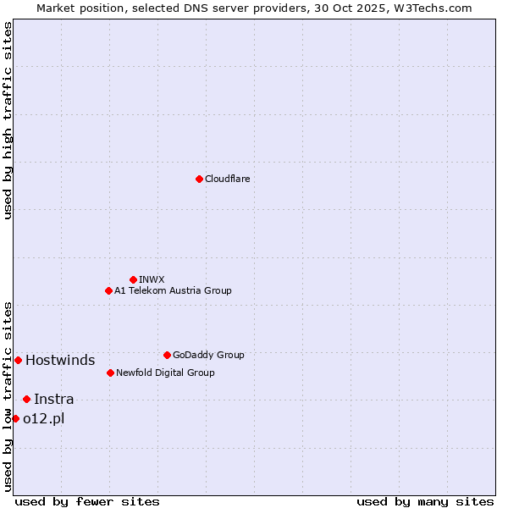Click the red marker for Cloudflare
(x=199, y=179)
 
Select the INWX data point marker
(x=133, y=279)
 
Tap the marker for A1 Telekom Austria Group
(x=108, y=290)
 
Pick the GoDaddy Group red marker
(x=167, y=355)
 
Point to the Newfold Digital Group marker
(x=110, y=373)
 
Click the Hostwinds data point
(x=18, y=360)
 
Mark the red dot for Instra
(x=26, y=399)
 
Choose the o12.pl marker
(x=15, y=418)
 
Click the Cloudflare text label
(x=228, y=179)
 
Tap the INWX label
(x=152, y=279)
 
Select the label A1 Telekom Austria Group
(x=173, y=290)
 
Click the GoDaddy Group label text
(x=208, y=355)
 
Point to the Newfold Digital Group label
(x=165, y=373)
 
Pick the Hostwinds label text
(x=60, y=360)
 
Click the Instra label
(x=54, y=399)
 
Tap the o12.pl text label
(x=44, y=418)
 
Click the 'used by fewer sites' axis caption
(x=87, y=501)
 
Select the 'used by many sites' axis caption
(x=425, y=501)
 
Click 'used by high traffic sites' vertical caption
(x=8, y=120)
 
